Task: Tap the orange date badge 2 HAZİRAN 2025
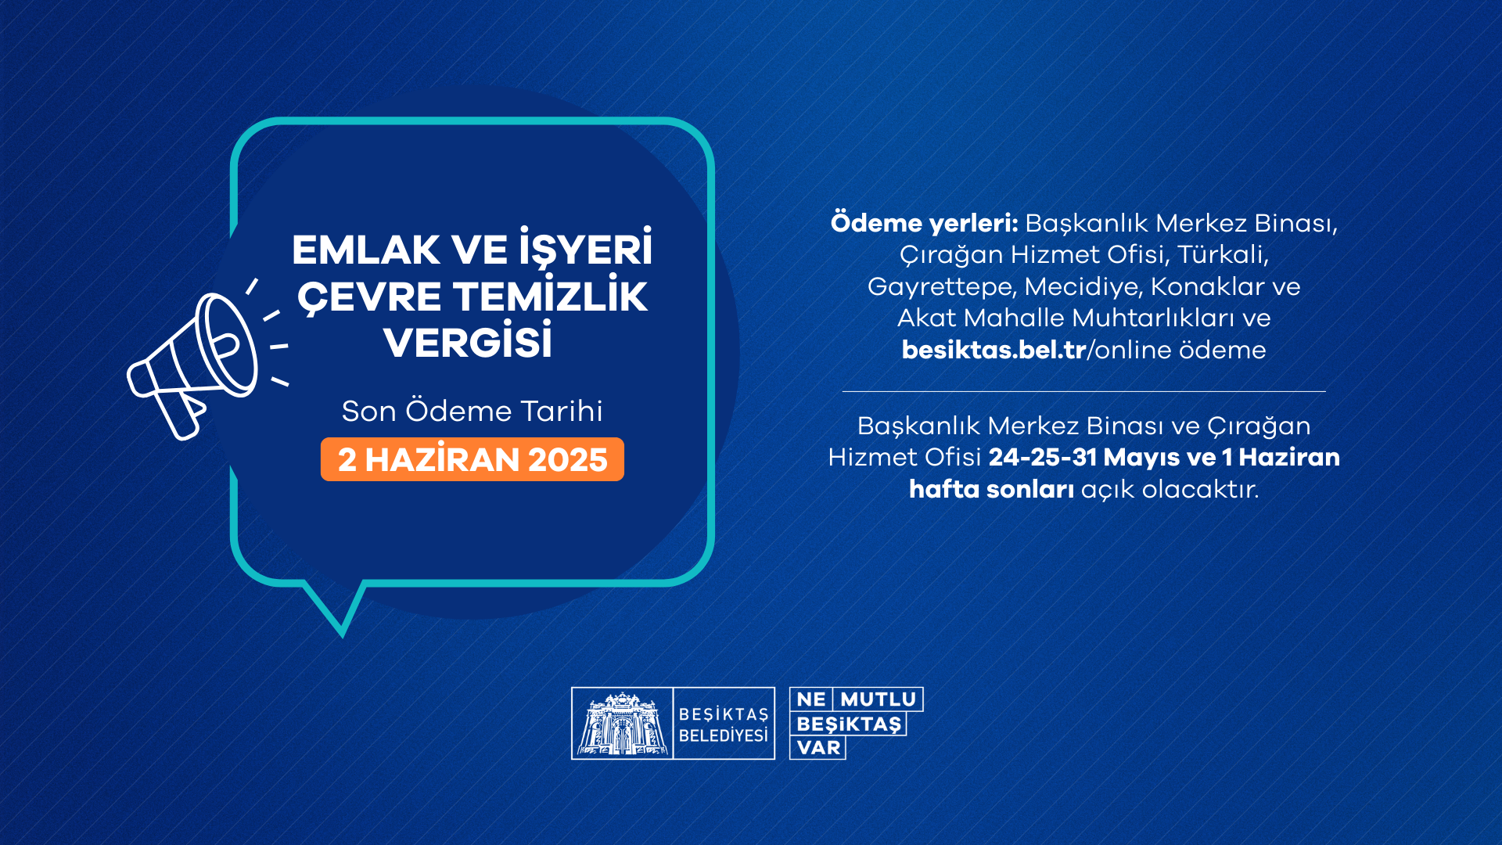coord(473,459)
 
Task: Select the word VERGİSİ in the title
coord(468,343)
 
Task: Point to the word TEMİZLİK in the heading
coord(550,297)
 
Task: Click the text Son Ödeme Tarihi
coord(473,412)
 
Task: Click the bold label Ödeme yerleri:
coord(924,223)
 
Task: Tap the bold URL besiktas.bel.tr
coord(994,350)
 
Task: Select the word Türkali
coord(1222,255)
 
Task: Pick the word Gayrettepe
coord(942,287)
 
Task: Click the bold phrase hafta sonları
coord(991,489)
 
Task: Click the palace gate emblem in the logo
coord(622,724)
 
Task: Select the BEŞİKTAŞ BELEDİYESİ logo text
coord(723,725)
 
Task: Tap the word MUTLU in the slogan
coord(878,699)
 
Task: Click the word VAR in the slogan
coord(818,748)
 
